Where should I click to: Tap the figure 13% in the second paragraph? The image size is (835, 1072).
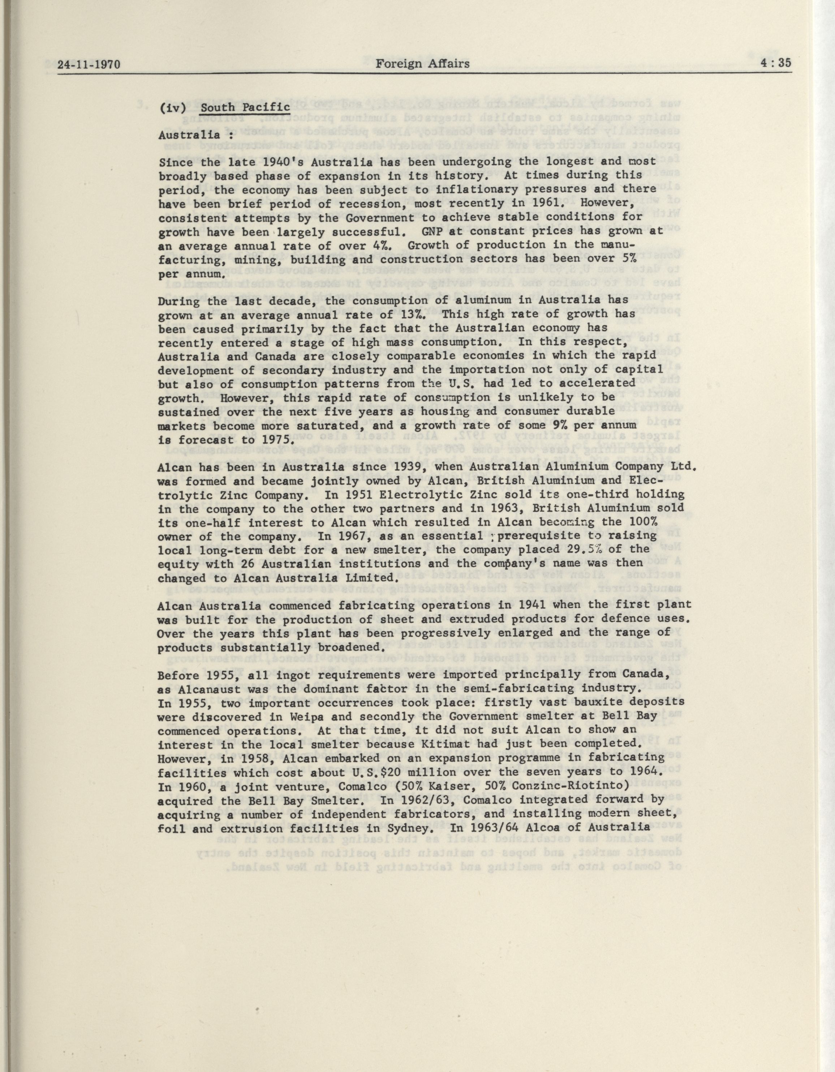(407, 314)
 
